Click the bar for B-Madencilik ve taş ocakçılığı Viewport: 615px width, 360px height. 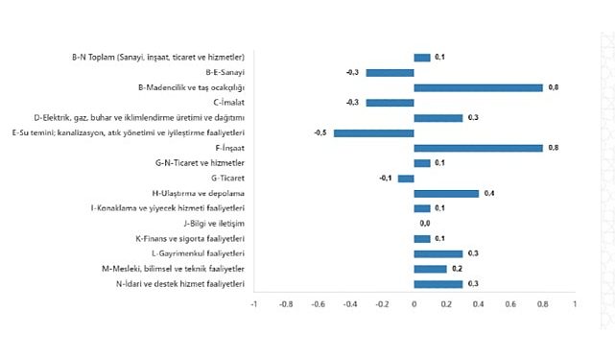tap(478, 87)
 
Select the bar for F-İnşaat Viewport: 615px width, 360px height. tap(478, 148)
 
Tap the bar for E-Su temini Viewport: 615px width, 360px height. tap(373, 132)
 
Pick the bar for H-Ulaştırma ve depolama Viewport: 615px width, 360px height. tap(446, 193)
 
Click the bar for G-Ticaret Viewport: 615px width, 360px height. tap(406, 178)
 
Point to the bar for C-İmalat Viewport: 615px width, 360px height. tap(390, 102)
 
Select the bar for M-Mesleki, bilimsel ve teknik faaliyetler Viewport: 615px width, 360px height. tap(430, 269)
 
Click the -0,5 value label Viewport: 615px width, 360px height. tap(320, 132)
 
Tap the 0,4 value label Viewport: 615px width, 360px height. tap(489, 193)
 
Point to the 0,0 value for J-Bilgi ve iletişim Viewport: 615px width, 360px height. tap(425, 223)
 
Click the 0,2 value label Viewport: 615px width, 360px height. tap(458, 269)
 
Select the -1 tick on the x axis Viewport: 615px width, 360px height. tap(253, 305)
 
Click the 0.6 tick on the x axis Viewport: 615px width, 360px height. tap(509, 305)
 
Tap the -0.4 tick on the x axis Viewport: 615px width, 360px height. tap(349, 305)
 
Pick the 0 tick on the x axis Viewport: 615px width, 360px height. tap(414, 305)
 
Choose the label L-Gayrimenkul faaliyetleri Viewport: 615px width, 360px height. tap(195, 253)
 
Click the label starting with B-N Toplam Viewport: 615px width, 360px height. tap(157, 58)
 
